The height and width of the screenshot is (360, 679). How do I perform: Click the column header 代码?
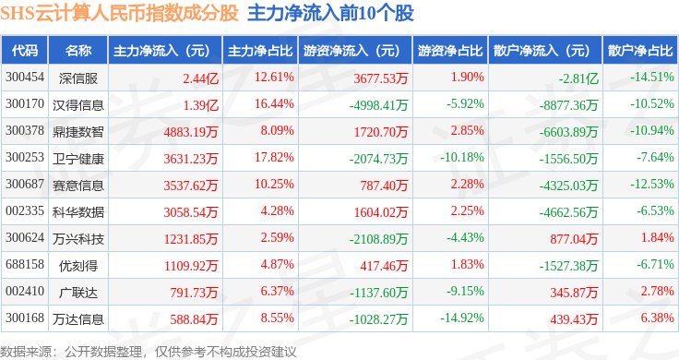25,51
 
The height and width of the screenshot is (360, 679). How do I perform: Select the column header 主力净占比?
260,51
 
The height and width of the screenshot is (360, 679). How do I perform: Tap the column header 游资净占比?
450,51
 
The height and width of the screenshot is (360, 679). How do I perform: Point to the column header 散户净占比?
640,51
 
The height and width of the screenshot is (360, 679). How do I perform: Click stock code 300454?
25,78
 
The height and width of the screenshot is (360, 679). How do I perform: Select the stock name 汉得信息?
78,105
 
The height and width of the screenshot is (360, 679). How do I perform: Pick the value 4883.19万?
191,132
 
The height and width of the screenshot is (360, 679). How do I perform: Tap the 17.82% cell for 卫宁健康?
274,157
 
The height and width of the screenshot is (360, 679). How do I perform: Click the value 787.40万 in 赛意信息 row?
384,186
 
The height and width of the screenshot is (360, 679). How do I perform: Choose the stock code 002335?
25,211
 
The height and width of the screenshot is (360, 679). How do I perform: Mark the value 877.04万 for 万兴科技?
574,239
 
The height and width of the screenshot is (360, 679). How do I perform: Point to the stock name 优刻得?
78,266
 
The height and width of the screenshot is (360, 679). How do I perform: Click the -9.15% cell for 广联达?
465,291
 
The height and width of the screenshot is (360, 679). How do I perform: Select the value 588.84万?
194,319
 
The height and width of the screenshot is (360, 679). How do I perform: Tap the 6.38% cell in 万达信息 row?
658,318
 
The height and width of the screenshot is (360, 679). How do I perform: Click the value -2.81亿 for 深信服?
578,78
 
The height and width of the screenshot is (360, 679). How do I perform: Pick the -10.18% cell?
462,157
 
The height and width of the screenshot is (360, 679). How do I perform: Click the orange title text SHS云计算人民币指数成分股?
120,14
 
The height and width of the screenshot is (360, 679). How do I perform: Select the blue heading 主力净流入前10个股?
331,14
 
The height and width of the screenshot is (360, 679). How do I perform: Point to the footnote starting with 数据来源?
149,352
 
